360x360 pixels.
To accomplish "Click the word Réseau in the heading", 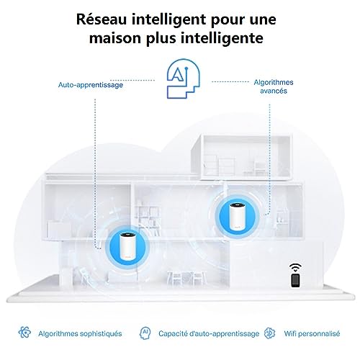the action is coord(101,19).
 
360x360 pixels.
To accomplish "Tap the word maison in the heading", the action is coord(115,38).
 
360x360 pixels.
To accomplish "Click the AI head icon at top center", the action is coord(184,78).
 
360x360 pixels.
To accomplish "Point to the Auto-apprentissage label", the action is coord(91,85).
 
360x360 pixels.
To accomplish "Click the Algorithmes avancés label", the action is coord(274,86).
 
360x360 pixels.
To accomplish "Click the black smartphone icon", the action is coord(295,280).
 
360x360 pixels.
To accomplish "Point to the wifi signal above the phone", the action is coord(295,267).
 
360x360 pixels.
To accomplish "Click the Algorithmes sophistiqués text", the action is coord(80,333).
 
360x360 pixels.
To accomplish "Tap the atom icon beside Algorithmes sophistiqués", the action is coord(24,333).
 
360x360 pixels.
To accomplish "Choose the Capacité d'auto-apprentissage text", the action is coord(209,333).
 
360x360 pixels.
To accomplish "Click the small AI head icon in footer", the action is coord(145,333).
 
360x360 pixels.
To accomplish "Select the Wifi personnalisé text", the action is coord(312,333).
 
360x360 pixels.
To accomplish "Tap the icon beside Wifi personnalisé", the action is coord(269,333).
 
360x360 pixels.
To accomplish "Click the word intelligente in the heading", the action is coord(222,38).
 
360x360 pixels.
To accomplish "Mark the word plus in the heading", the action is coord(161,39).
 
